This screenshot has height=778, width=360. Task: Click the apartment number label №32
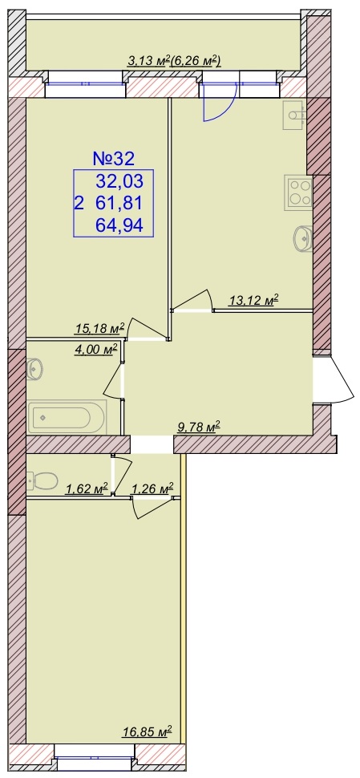click(x=114, y=159)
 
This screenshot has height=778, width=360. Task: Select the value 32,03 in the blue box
click(x=119, y=182)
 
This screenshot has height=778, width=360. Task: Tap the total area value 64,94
click(x=119, y=225)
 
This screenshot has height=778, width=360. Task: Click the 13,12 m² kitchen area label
click(x=253, y=300)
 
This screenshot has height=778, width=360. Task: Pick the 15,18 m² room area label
click(x=99, y=328)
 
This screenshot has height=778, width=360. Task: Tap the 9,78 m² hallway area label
click(x=199, y=427)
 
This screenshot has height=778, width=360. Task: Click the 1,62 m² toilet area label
click(x=87, y=489)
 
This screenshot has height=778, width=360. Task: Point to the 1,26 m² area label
click(x=152, y=489)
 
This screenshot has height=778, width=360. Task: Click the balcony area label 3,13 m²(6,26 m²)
click(x=174, y=62)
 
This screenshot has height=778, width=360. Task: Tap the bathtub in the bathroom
click(x=67, y=417)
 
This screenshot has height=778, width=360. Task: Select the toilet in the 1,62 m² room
click(x=42, y=480)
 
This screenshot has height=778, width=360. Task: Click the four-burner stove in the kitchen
click(x=298, y=192)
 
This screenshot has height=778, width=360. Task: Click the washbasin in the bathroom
click(x=34, y=369)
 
